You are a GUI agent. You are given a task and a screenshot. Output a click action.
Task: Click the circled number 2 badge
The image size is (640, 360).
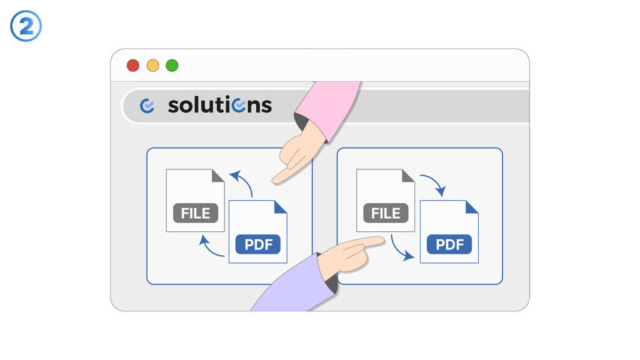tap(26, 27)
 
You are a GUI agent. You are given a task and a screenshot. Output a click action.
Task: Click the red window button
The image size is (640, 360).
tap(133, 66)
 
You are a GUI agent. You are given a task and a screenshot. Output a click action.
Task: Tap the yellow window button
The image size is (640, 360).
tap(152, 66)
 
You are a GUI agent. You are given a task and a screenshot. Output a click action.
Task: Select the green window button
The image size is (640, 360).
tap(172, 66)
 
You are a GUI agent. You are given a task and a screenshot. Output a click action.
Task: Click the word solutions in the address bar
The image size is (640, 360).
tap(219, 105)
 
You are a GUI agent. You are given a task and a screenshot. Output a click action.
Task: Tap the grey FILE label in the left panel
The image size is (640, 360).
tap(196, 213)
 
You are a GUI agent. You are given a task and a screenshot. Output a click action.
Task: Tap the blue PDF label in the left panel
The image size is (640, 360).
tap(258, 244)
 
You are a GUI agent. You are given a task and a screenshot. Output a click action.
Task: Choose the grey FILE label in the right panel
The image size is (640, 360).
tap(386, 213)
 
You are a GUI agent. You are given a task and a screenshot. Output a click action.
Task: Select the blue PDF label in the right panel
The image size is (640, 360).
tap(449, 244)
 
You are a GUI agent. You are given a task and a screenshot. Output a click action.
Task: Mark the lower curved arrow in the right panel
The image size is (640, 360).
tap(401, 249)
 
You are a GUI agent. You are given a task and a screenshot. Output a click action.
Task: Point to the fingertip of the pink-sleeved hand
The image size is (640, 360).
tap(275, 181)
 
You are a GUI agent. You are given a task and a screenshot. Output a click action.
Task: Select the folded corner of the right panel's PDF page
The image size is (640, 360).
tap(472, 206)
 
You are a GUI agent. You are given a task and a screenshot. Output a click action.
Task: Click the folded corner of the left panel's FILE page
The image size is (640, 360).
tap(218, 176)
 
